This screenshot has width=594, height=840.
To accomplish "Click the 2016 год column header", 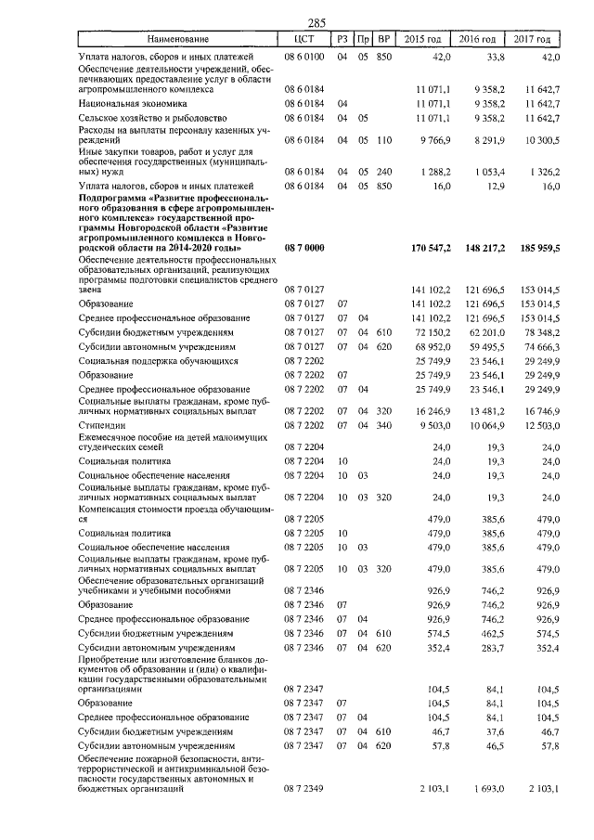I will [x=476, y=39].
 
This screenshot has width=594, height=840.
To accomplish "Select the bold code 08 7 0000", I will [x=303, y=248].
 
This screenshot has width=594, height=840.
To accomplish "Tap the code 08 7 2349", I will [x=303, y=789].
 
